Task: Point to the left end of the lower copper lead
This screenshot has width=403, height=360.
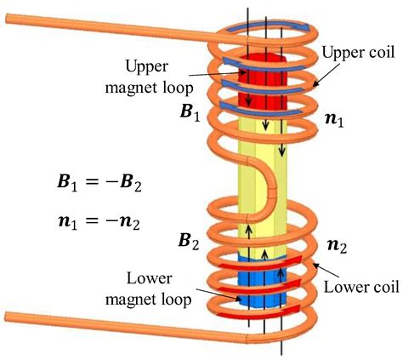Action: click(7, 317)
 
